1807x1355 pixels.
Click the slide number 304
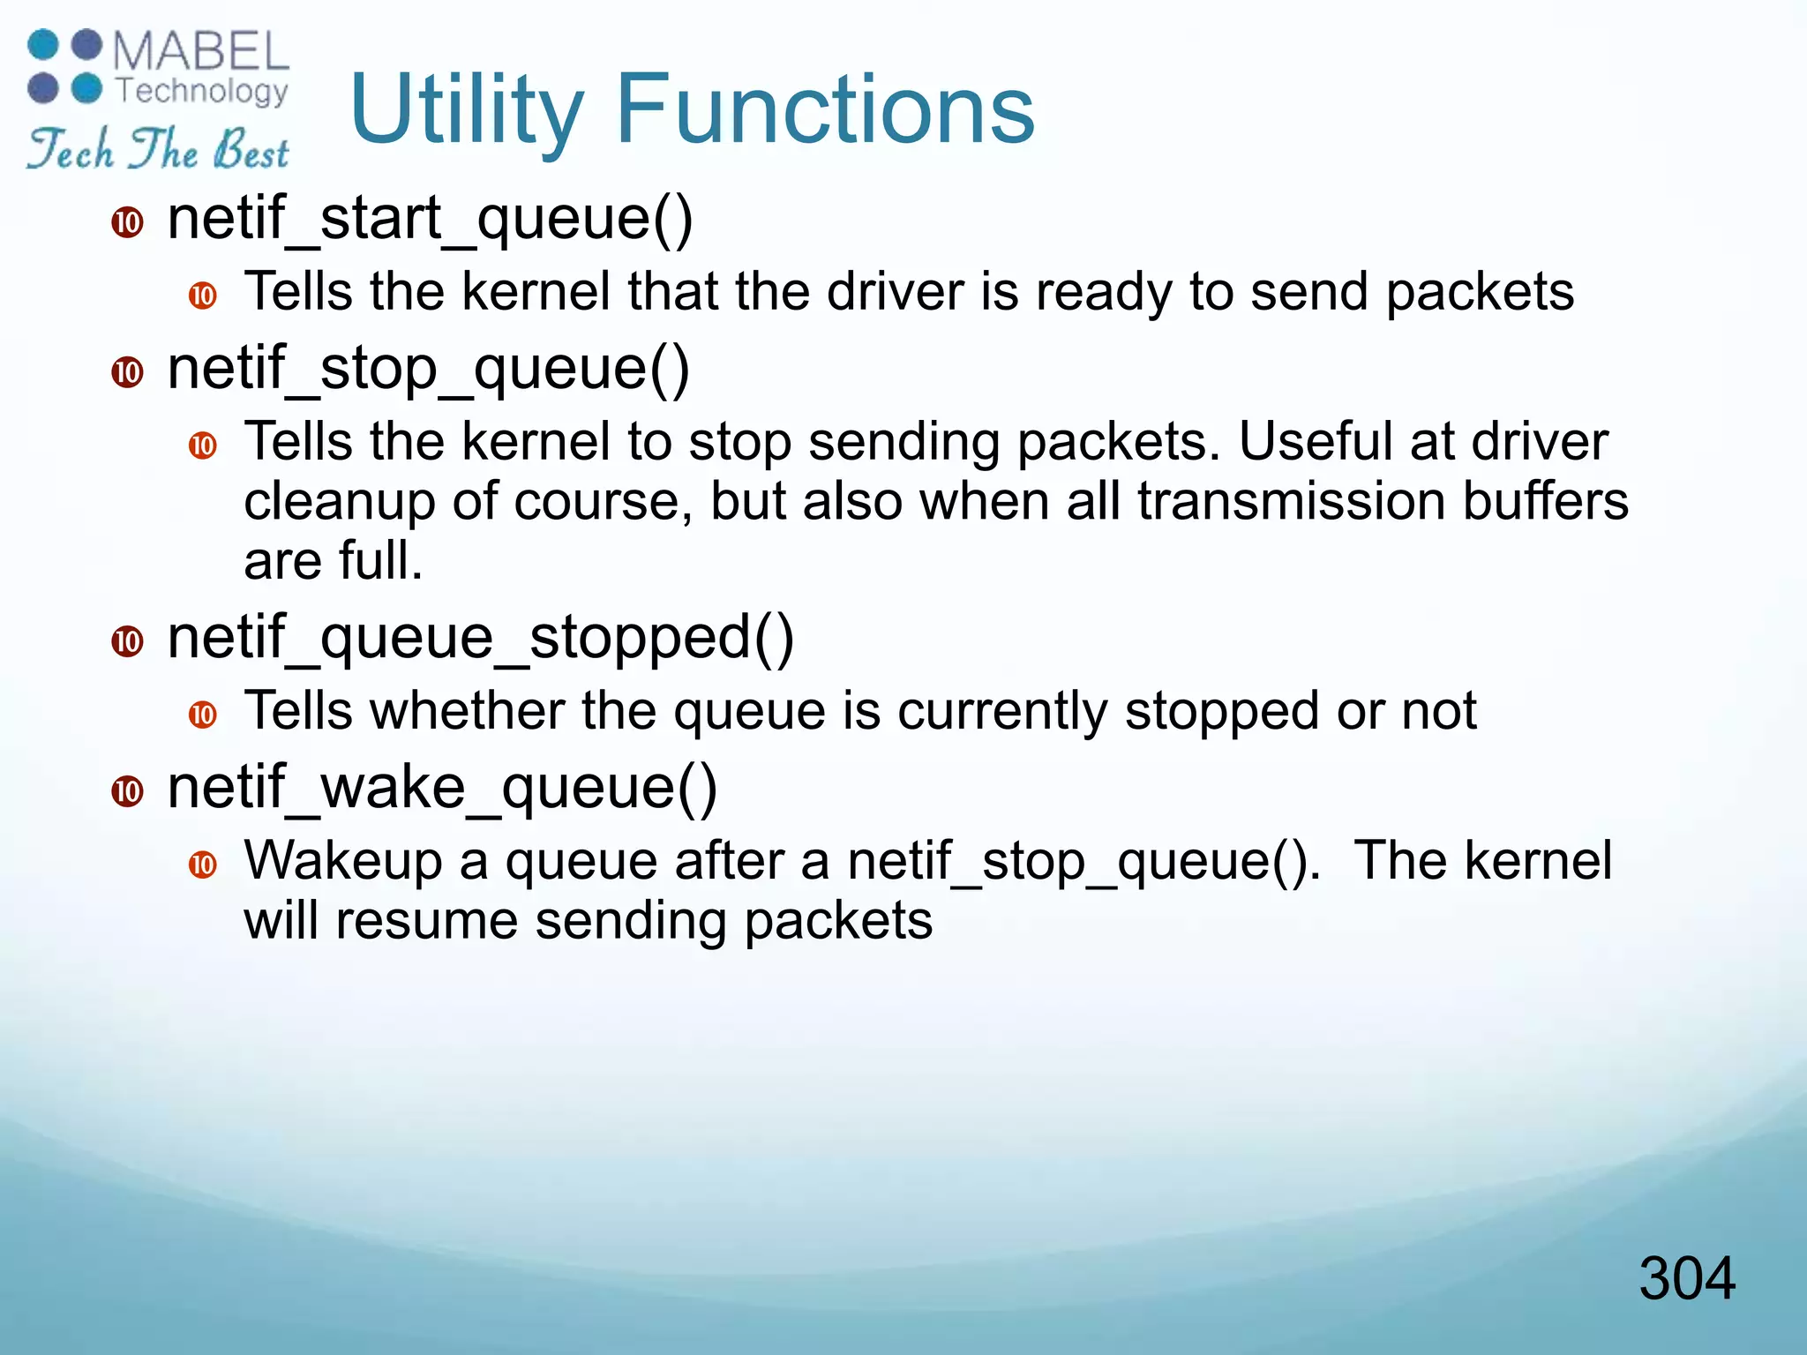pyautogui.click(x=1686, y=1278)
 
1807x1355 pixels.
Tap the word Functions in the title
pyautogui.click(x=825, y=109)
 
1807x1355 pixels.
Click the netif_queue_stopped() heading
pyautogui.click(x=481, y=638)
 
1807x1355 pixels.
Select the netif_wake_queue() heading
pyautogui.click(x=442, y=788)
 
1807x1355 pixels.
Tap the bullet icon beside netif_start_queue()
pyautogui.click(x=128, y=222)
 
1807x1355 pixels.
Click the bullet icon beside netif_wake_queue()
pyautogui.click(x=128, y=791)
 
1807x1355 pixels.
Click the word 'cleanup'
pyautogui.click(x=339, y=503)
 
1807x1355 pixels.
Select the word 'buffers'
pyautogui.click(x=1545, y=501)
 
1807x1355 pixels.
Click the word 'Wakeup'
pyautogui.click(x=342, y=863)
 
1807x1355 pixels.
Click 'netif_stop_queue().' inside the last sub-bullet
pyautogui.click(x=1084, y=863)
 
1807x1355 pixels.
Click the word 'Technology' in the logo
pyautogui.click(x=202, y=90)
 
